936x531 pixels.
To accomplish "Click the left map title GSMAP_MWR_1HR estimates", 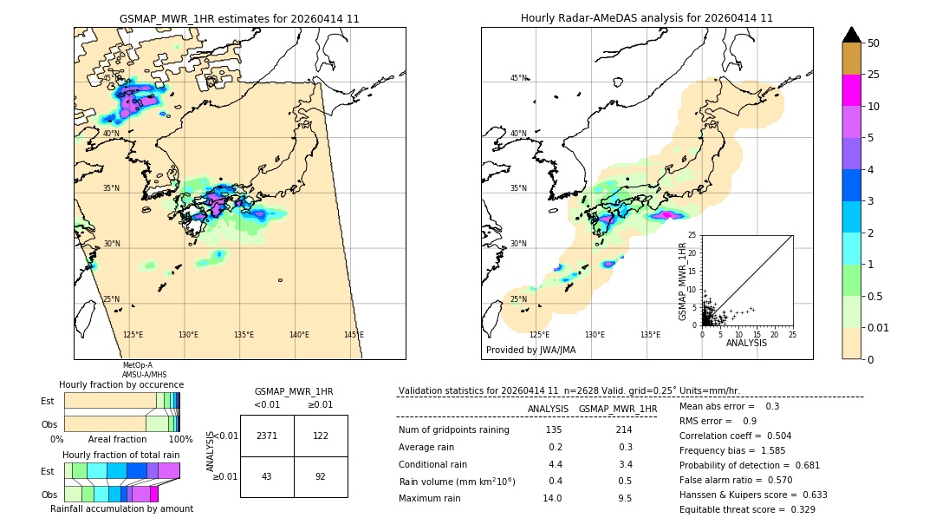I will click(x=239, y=18).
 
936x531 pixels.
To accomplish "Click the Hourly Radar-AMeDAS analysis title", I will click(x=647, y=18).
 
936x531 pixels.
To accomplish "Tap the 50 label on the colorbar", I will click(x=874, y=43).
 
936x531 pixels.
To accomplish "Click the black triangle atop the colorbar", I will click(x=852, y=35).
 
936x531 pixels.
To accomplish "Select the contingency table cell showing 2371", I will click(x=267, y=436).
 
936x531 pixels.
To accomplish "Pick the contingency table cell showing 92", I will click(x=321, y=476).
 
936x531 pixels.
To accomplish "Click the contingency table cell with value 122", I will click(x=321, y=436).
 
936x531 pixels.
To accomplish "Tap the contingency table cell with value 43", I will click(x=267, y=476).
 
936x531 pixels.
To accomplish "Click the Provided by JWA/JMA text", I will click(x=530, y=350).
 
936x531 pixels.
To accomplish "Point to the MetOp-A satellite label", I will click(x=137, y=365).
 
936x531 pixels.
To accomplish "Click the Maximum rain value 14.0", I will click(x=553, y=498).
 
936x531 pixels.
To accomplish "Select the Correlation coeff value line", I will click(x=735, y=436).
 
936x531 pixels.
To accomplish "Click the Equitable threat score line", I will click(x=747, y=509).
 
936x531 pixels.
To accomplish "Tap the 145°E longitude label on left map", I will click(x=354, y=335).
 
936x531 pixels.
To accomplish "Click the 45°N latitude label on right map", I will click(x=518, y=78).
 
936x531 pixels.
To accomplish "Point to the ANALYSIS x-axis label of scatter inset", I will click(x=746, y=343).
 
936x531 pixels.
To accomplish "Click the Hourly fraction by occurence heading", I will click(x=121, y=384).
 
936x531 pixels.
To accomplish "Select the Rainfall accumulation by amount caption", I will click(x=121, y=508).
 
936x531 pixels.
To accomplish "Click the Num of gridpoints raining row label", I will click(x=453, y=429).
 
